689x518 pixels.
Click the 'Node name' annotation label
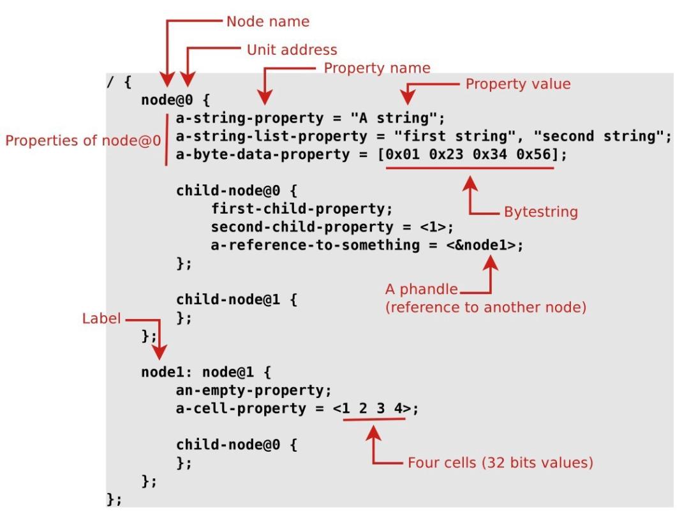click(267, 21)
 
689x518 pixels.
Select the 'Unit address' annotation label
click(292, 49)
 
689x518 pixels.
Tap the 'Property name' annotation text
click(377, 67)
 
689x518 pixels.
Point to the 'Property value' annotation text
click(517, 84)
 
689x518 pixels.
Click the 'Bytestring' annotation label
click(541, 212)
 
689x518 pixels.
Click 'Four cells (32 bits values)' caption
click(500, 463)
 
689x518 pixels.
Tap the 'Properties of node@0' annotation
click(83, 140)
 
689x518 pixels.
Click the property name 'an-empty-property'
click(251, 390)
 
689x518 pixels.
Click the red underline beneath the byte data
click(470, 168)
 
